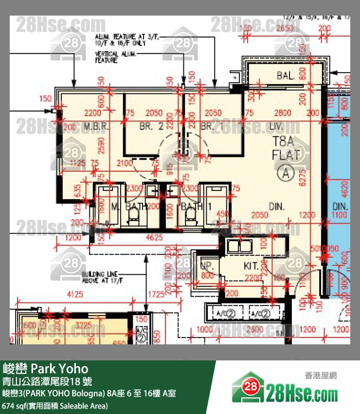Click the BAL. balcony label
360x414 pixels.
click(x=285, y=76)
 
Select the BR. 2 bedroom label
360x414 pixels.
click(x=151, y=126)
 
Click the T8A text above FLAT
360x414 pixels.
click(x=284, y=142)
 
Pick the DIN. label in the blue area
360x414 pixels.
click(x=340, y=207)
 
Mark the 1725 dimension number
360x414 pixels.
click(x=156, y=294)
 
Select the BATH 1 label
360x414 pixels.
click(x=192, y=207)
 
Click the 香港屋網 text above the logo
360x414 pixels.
click(x=321, y=376)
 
